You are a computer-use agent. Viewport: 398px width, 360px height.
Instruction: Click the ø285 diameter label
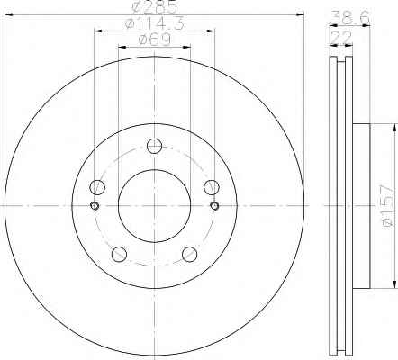coord(155,7)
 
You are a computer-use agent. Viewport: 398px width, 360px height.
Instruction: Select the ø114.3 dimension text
coord(154,23)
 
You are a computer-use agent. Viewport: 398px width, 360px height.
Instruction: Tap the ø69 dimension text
coord(155,40)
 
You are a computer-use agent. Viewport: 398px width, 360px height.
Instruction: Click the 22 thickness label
coord(341,37)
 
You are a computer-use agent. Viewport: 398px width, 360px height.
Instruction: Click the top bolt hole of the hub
coord(155,146)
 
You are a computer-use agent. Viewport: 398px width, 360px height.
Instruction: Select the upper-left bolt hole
coord(97,187)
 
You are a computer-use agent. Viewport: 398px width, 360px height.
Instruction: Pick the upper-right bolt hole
coord(212,187)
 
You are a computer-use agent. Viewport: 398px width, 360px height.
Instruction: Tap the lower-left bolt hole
coord(119,255)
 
